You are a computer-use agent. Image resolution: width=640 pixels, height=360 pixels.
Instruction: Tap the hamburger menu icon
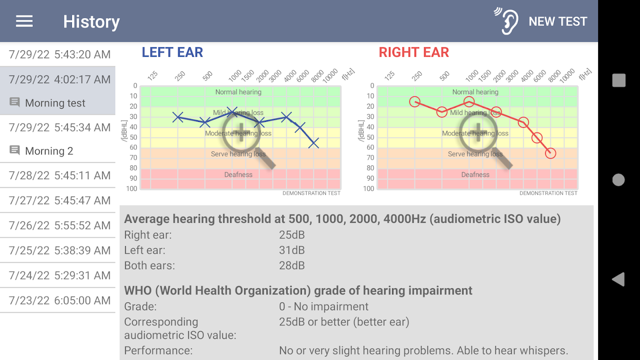point(24,21)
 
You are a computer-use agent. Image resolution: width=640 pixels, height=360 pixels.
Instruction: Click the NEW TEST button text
point(558,21)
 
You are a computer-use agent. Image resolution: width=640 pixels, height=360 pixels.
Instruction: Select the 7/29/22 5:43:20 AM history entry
point(59,54)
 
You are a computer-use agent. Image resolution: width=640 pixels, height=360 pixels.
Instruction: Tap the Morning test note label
point(55,103)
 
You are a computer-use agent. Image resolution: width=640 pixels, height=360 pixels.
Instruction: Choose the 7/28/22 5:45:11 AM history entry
point(59,175)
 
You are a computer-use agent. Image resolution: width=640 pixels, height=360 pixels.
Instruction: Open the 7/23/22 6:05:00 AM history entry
point(59,300)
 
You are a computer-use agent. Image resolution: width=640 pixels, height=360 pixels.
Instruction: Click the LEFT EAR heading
point(172,52)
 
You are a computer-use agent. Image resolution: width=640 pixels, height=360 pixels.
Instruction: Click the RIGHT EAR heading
point(414,52)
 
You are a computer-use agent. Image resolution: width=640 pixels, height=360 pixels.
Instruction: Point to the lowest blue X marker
point(314,143)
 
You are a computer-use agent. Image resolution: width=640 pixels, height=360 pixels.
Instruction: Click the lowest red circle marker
point(550,153)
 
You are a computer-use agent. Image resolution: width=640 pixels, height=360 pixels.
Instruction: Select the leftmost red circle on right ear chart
point(415,102)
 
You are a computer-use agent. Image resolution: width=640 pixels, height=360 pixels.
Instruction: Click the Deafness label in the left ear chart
point(238,175)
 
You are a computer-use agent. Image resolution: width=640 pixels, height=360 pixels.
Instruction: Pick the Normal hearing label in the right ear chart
point(475,92)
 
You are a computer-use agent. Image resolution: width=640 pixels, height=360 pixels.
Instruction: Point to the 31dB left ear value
point(292,250)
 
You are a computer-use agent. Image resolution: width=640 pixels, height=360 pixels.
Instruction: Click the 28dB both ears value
point(292,265)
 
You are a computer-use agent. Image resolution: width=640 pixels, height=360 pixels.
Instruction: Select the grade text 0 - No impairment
point(324,306)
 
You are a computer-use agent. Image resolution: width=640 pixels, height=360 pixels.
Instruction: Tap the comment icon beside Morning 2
point(15,150)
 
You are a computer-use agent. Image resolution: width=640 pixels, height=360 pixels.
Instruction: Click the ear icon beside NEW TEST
point(507,21)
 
